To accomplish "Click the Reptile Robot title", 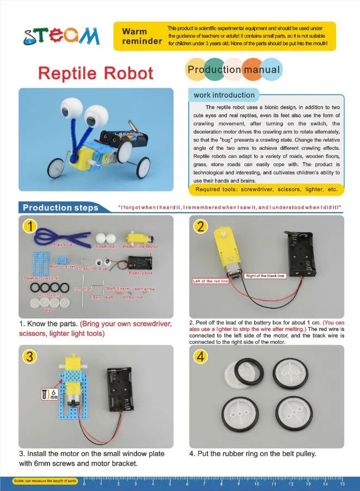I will (96, 73).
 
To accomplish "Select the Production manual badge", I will (234, 69).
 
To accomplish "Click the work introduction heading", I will (224, 95).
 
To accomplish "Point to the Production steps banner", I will (60, 208).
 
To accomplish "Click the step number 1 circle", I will (30, 226).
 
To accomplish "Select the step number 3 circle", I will (30, 356).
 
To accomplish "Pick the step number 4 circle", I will (201, 357).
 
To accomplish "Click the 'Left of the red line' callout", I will (211, 281).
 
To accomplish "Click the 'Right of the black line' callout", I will (265, 276).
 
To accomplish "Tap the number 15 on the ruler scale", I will (342, 483).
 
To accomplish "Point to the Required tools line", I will (266, 190).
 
